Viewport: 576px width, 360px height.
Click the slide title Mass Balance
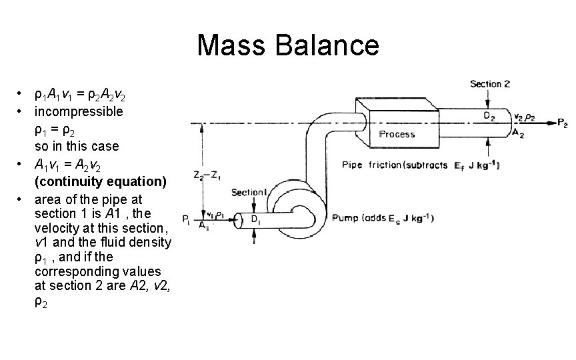tap(288, 45)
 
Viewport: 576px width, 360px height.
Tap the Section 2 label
tap(490, 85)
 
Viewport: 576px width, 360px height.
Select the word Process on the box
tap(397, 134)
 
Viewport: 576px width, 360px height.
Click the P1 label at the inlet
tap(185, 218)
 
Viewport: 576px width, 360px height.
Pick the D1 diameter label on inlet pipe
tap(255, 219)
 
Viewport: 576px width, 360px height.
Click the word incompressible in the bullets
tap(79, 111)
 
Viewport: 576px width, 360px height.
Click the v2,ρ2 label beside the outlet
tap(525, 116)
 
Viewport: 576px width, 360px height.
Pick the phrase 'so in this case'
tap(76, 146)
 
